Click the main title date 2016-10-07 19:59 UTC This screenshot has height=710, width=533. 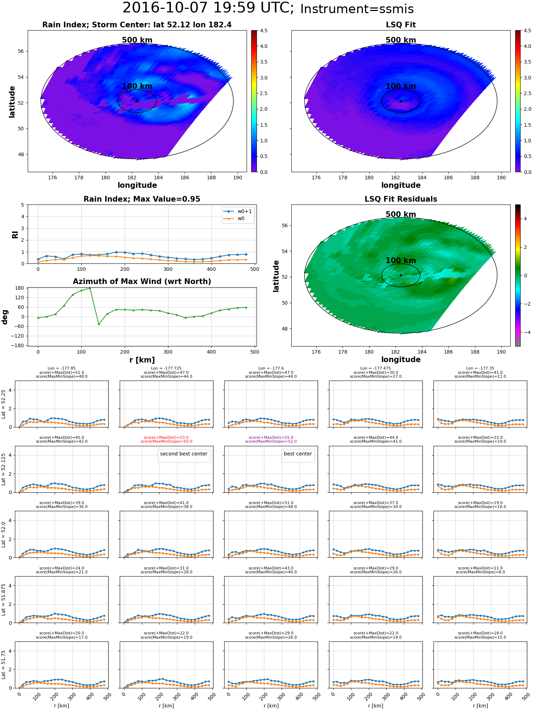[208, 8]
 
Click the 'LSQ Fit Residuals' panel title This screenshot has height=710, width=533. [400, 199]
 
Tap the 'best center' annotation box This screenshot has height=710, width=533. [298, 454]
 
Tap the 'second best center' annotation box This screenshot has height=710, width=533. [184, 454]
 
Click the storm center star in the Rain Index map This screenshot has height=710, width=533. [137, 101]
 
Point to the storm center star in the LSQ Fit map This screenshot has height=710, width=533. [401, 101]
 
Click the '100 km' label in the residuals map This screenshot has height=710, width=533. [400, 261]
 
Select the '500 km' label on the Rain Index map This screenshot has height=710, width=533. [137, 40]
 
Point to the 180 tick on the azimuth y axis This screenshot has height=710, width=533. [20, 288]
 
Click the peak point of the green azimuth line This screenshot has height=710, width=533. [90, 288]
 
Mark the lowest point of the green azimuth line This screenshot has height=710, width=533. [99, 324]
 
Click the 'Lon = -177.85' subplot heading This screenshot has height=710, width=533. [61, 368]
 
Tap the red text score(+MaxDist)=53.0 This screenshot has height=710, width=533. [166, 438]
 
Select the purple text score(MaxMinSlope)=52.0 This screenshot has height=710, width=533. [271, 442]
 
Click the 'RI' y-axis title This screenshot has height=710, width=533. [15, 234]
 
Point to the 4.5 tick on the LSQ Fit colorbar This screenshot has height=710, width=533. [527, 31]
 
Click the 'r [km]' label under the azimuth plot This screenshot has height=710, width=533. [142, 360]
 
